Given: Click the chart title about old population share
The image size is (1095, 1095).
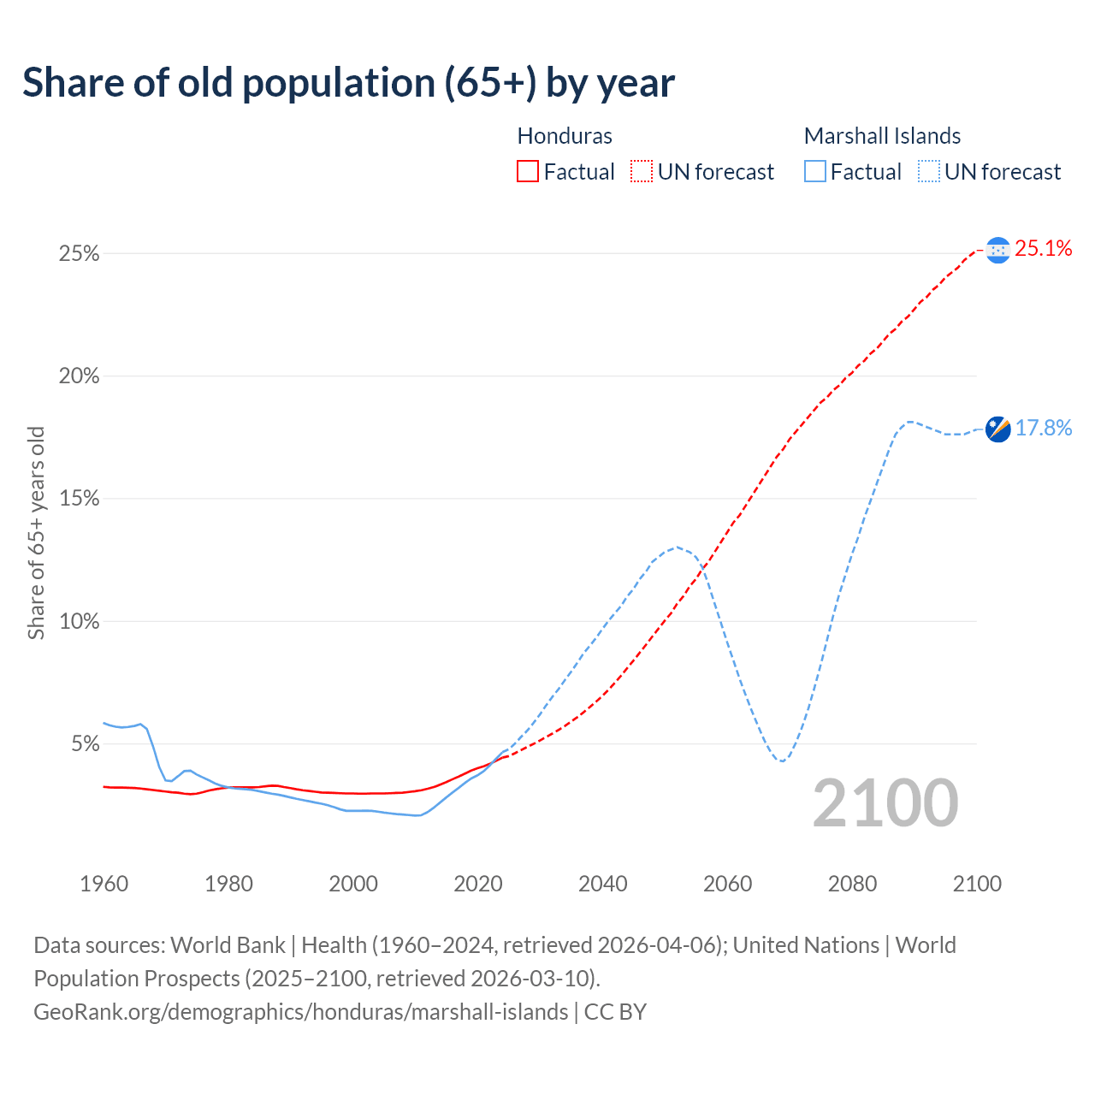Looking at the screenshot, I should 348,83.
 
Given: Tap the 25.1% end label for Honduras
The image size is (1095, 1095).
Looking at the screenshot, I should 1044,249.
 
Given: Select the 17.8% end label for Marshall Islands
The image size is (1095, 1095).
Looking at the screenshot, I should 1044,428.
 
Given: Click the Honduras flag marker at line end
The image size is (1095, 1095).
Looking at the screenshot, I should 997,250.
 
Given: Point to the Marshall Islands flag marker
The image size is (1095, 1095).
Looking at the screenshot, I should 997,429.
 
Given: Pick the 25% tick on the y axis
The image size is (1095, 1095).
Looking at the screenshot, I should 79,254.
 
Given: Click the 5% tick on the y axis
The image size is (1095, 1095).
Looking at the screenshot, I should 84,744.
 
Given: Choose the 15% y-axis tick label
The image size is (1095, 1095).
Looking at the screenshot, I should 79,499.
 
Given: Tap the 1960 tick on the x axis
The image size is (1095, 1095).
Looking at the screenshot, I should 104,884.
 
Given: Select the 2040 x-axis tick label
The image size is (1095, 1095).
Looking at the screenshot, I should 603,884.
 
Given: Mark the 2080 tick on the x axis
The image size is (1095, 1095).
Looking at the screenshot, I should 852,884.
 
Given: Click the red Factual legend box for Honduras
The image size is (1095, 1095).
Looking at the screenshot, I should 528,172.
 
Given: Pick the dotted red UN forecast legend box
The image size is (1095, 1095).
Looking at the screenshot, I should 642,172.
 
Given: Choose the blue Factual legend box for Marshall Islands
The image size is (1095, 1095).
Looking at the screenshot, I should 814,172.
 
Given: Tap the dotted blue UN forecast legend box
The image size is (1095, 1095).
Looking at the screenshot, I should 928,172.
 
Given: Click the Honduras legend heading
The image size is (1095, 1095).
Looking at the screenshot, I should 565,136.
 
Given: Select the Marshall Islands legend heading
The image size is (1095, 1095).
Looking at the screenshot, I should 882,136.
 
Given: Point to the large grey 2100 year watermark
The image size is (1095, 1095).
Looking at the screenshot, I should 885,803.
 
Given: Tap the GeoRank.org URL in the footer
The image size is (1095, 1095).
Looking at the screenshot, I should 300,1012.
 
